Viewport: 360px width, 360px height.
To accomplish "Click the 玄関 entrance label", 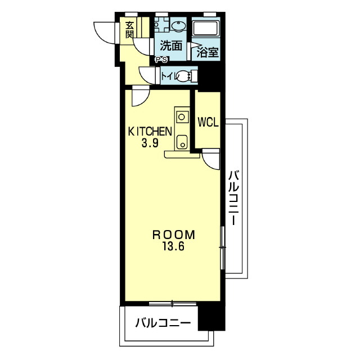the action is click(x=130, y=30).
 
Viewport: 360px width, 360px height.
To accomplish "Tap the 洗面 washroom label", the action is click(x=171, y=46).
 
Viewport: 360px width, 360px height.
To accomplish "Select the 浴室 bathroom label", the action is click(x=208, y=52).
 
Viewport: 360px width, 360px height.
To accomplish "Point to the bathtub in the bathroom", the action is click(x=206, y=28).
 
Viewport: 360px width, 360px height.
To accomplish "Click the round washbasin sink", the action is click(x=178, y=26).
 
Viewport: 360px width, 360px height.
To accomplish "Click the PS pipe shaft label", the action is click(x=162, y=60).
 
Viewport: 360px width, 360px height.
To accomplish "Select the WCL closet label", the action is click(x=208, y=122).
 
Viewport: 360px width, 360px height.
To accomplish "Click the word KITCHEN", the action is click(x=150, y=132).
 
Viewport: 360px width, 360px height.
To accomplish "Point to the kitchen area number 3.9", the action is click(x=150, y=143).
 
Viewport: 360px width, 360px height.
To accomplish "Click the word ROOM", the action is click(x=174, y=235).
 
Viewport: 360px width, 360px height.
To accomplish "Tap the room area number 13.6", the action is click(x=174, y=247).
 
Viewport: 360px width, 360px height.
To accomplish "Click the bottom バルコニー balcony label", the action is click(x=163, y=323).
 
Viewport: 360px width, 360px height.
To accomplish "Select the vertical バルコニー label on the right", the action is click(x=234, y=197).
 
